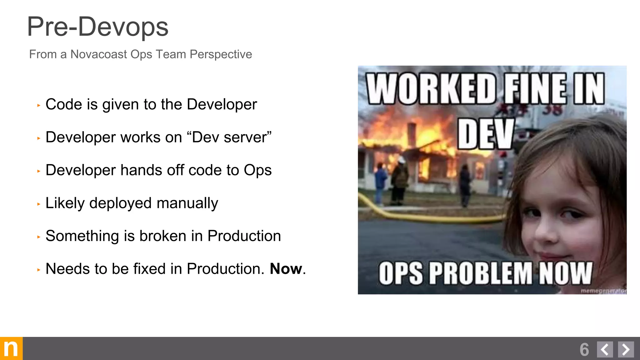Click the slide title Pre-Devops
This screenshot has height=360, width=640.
[x=97, y=27]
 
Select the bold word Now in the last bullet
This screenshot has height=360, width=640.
[x=286, y=269]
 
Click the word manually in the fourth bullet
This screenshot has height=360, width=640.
[x=187, y=203]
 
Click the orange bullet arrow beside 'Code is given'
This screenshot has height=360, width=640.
[x=39, y=106]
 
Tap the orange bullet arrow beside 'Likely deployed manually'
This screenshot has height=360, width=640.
[x=39, y=204]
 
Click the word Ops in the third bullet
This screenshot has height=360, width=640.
[x=257, y=170]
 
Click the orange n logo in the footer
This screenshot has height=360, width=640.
[x=11, y=348]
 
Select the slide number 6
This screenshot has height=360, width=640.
[x=584, y=349]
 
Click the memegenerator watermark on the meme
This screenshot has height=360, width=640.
[x=603, y=291]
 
